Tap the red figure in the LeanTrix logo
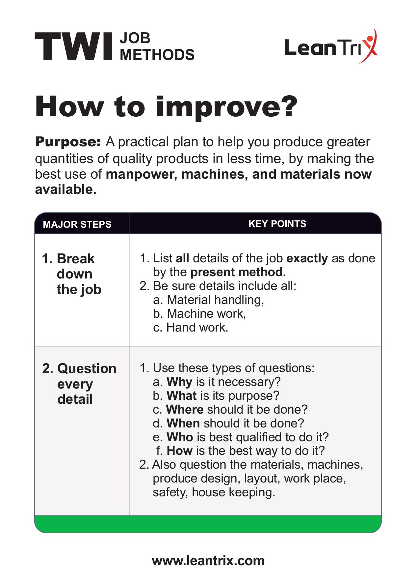pos(370,46)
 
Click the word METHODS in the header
pos(157,55)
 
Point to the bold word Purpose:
pos(68,142)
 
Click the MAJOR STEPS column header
pos(77,224)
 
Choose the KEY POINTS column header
pos(277,224)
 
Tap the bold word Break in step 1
pos(75,259)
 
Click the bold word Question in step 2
pos(87,368)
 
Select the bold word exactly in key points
pos(307,258)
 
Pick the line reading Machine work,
pos(200,313)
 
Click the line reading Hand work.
pos(191,327)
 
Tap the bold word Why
pos(179,382)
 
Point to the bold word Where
pos(185,409)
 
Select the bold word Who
pos(180,437)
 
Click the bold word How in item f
pos(180,451)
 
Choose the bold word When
pos(183,423)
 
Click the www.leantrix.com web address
pos(208,561)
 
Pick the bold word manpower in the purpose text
pos(141,174)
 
